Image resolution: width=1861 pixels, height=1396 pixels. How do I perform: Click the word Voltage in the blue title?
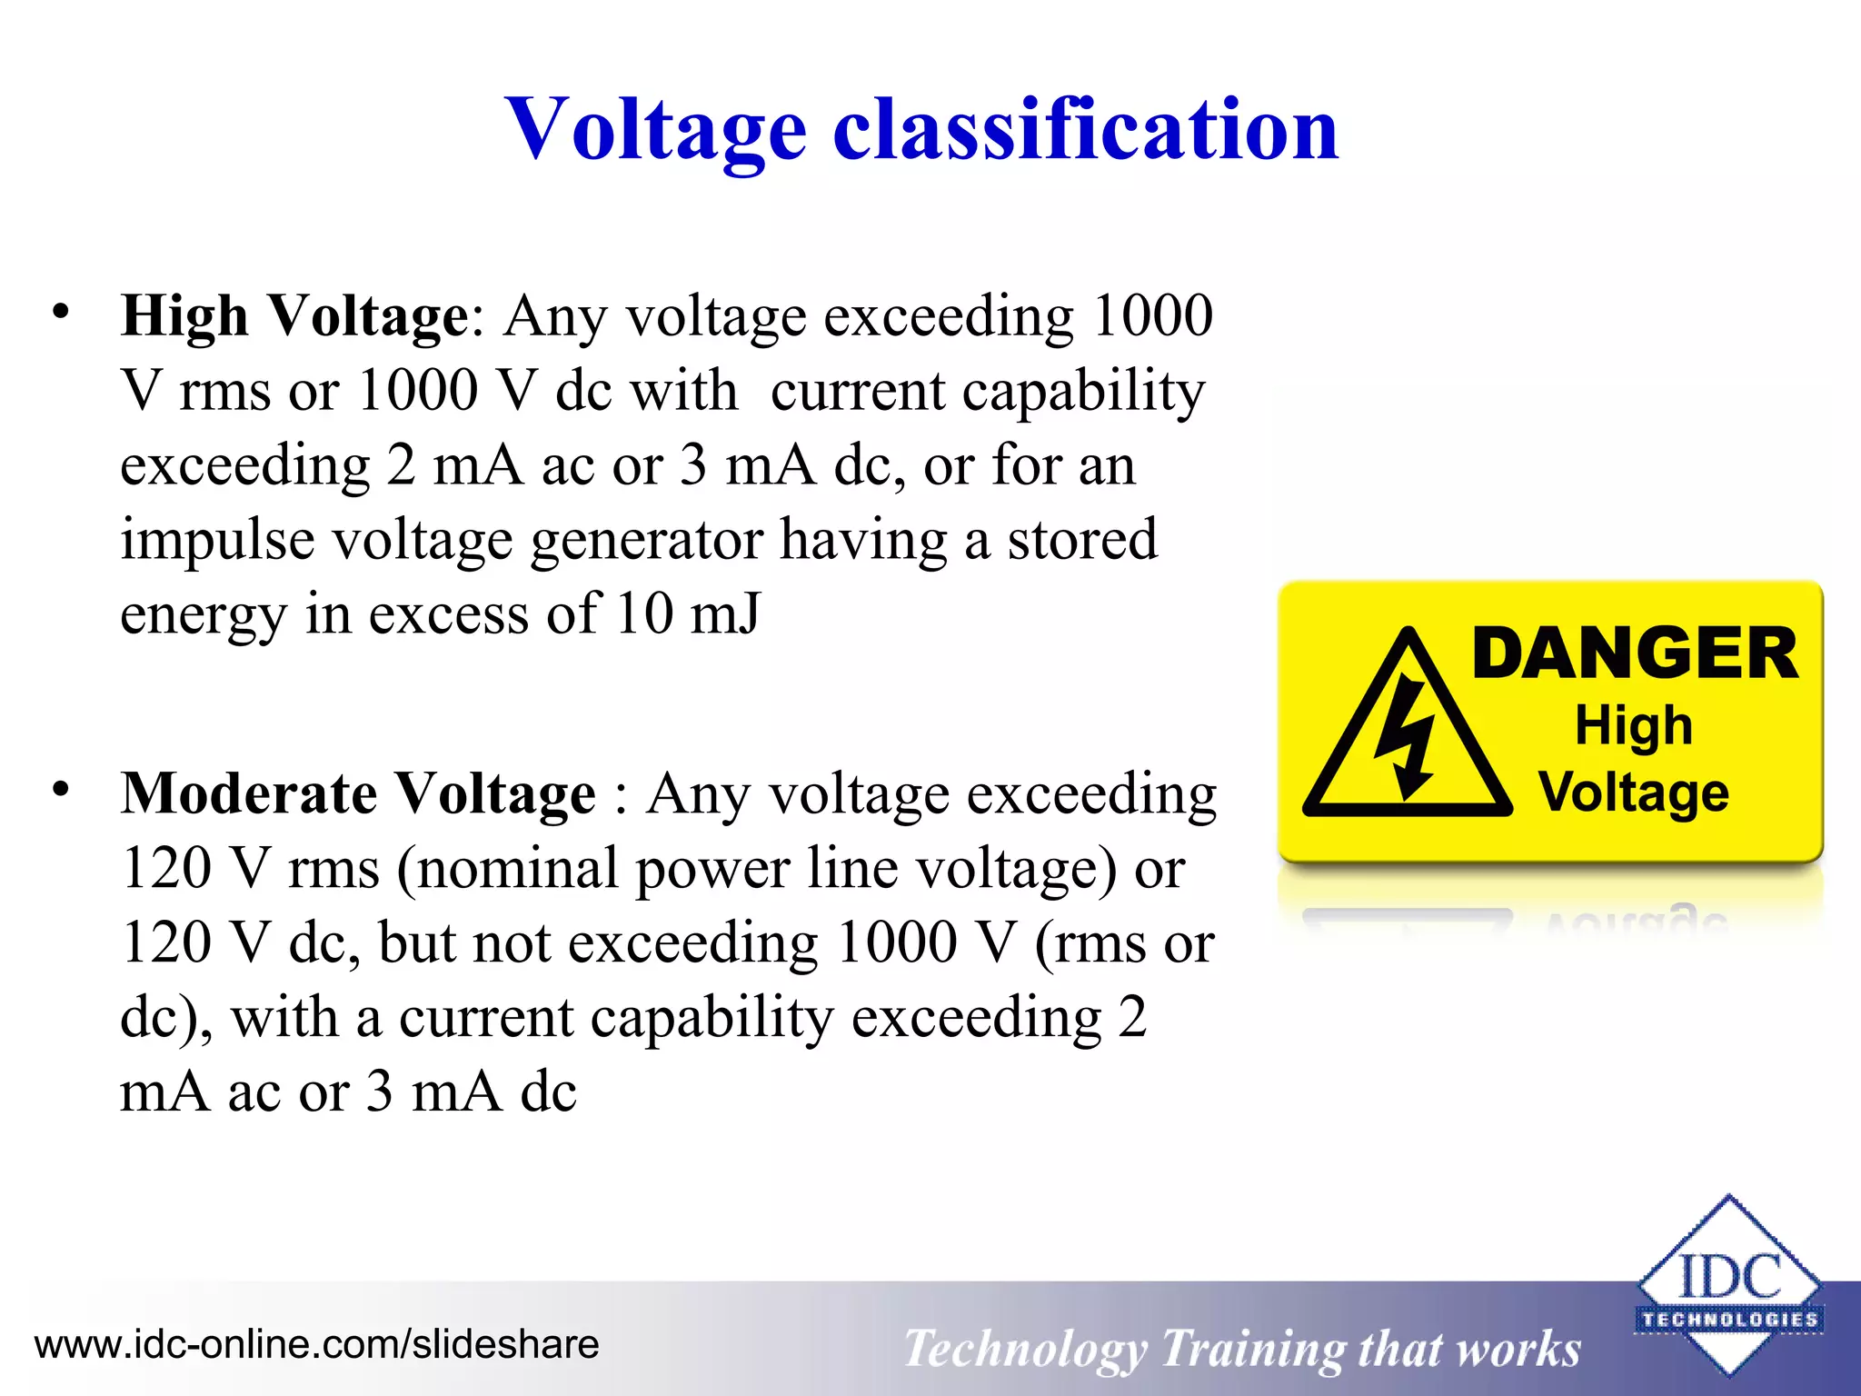tap(656, 129)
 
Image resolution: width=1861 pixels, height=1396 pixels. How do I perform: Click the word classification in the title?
tap(1085, 129)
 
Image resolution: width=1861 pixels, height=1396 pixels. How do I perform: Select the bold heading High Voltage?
tap(294, 316)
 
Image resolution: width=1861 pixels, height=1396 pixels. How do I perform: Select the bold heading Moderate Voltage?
tap(359, 793)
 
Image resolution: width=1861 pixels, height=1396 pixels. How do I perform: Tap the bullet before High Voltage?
tap(60, 312)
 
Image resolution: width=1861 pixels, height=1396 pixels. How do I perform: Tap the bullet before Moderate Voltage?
tap(60, 789)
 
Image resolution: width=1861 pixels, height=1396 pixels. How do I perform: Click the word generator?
tap(646, 540)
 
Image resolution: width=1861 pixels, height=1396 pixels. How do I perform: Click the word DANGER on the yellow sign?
tap(1634, 653)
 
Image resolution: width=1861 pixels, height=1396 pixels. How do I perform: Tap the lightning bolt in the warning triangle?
tap(1405, 736)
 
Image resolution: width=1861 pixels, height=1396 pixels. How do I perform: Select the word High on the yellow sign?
tap(1633, 725)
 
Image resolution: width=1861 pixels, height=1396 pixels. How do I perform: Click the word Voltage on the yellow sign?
tap(1633, 792)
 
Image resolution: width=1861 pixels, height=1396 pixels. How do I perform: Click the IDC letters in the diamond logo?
tap(1728, 1276)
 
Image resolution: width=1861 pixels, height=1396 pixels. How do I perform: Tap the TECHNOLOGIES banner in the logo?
tap(1728, 1319)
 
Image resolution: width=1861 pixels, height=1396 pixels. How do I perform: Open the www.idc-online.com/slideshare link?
tap(316, 1344)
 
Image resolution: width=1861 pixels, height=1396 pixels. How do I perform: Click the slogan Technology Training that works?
tap(1241, 1348)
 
